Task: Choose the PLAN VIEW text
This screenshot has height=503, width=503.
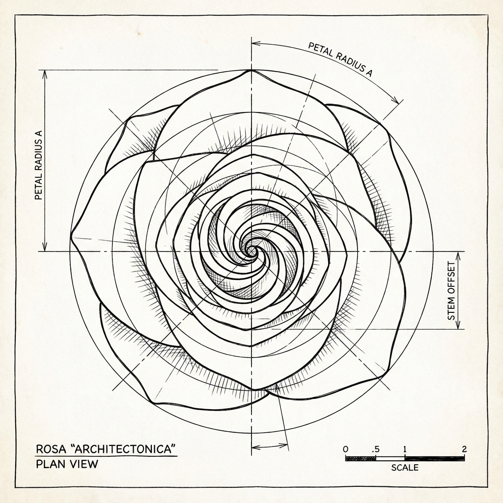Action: click(x=67, y=464)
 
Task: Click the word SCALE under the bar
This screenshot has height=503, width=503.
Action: click(x=405, y=467)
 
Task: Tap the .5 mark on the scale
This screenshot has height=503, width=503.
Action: click(x=376, y=449)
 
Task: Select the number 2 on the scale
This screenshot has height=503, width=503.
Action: click(x=464, y=449)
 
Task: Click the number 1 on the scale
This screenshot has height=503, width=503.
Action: click(x=404, y=449)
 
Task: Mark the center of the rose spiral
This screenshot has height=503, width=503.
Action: click(x=251, y=251)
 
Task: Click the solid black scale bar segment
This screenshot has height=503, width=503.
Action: click(x=434, y=458)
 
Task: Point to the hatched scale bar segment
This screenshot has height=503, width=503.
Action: click(x=361, y=458)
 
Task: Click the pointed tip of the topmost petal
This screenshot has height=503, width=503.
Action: click(x=251, y=70)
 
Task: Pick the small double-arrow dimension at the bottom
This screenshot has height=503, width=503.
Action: click(x=269, y=446)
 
